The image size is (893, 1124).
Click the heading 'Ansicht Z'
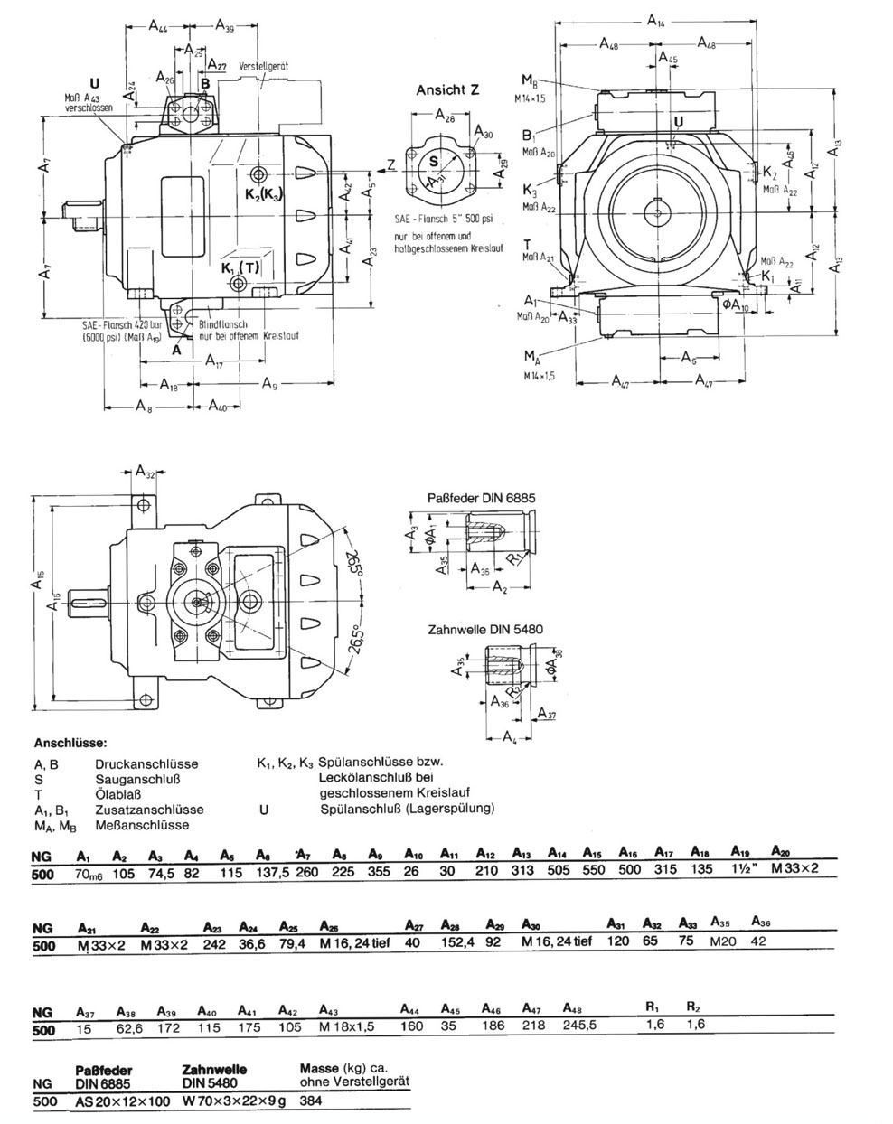point(447,90)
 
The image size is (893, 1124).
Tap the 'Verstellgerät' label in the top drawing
point(263,67)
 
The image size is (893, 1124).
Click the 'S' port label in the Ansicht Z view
point(433,161)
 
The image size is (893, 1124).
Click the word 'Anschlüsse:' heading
point(70,745)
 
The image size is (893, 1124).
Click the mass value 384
point(313,1101)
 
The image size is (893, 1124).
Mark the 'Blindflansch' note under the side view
point(223,323)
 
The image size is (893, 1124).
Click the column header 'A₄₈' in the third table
point(571,1007)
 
